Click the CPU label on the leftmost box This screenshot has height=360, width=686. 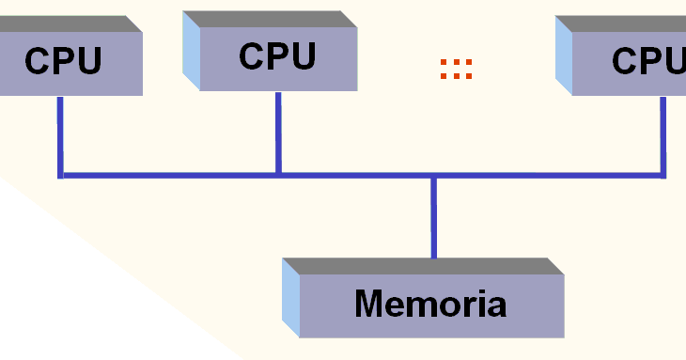pyautogui.click(x=63, y=61)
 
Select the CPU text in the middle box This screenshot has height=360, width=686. pyautogui.click(x=276, y=56)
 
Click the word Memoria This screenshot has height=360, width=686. pyautogui.click(x=430, y=304)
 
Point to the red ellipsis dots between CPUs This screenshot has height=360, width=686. pyautogui.click(x=456, y=68)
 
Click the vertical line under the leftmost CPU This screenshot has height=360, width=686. pyautogui.click(x=60, y=132)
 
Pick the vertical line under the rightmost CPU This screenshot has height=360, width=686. pyautogui.click(x=663, y=132)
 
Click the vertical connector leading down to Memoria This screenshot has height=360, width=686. pyautogui.click(x=433, y=216)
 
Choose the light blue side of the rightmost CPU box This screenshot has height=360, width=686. pyautogui.click(x=564, y=56)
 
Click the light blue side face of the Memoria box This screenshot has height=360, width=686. pyautogui.click(x=291, y=299)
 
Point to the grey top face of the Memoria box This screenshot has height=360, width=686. pyautogui.click(x=423, y=266)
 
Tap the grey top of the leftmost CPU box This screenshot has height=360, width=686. pyautogui.click(x=66, y=23)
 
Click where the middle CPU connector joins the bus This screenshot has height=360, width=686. pyautogui.click(x=278, y=174)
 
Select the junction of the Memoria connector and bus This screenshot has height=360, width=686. pyautogui.click(x=433, y=176)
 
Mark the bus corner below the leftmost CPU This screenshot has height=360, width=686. pyautogui.click(x=61, y=175)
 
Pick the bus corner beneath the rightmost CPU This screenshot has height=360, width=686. pyautogui.click(x=663, y=174)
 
